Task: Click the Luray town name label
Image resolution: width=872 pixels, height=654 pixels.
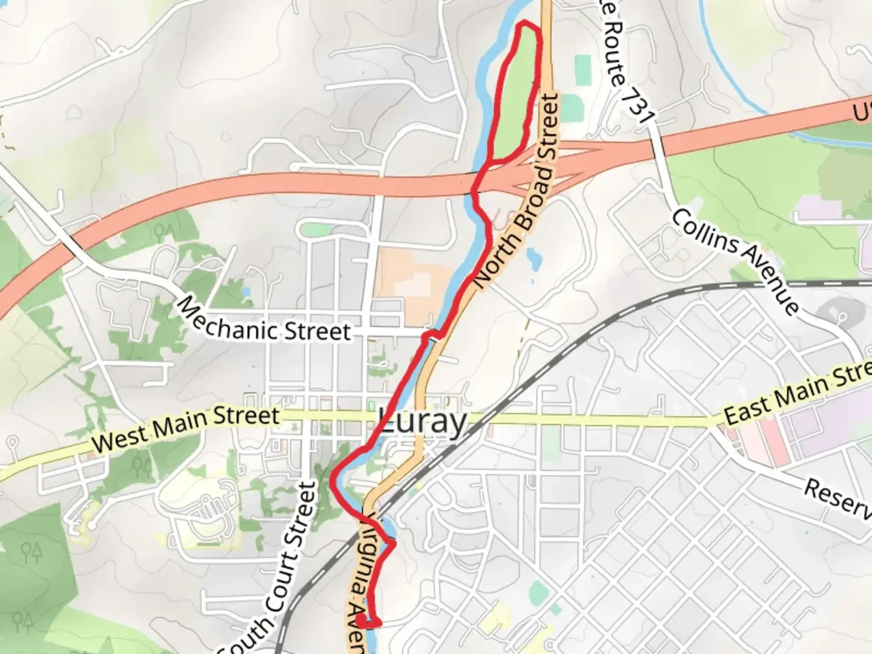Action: [x=423, y=421]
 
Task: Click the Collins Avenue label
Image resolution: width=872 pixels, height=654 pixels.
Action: [x=734, y=260]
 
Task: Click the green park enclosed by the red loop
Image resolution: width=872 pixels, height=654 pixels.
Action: [x=515, y=97]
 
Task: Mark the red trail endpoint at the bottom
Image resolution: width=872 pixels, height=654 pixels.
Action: [x=361, y=621]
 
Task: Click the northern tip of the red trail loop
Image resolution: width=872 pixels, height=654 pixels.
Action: [x=524, y=24]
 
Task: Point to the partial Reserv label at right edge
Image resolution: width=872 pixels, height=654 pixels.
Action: [x=839, y=498]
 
